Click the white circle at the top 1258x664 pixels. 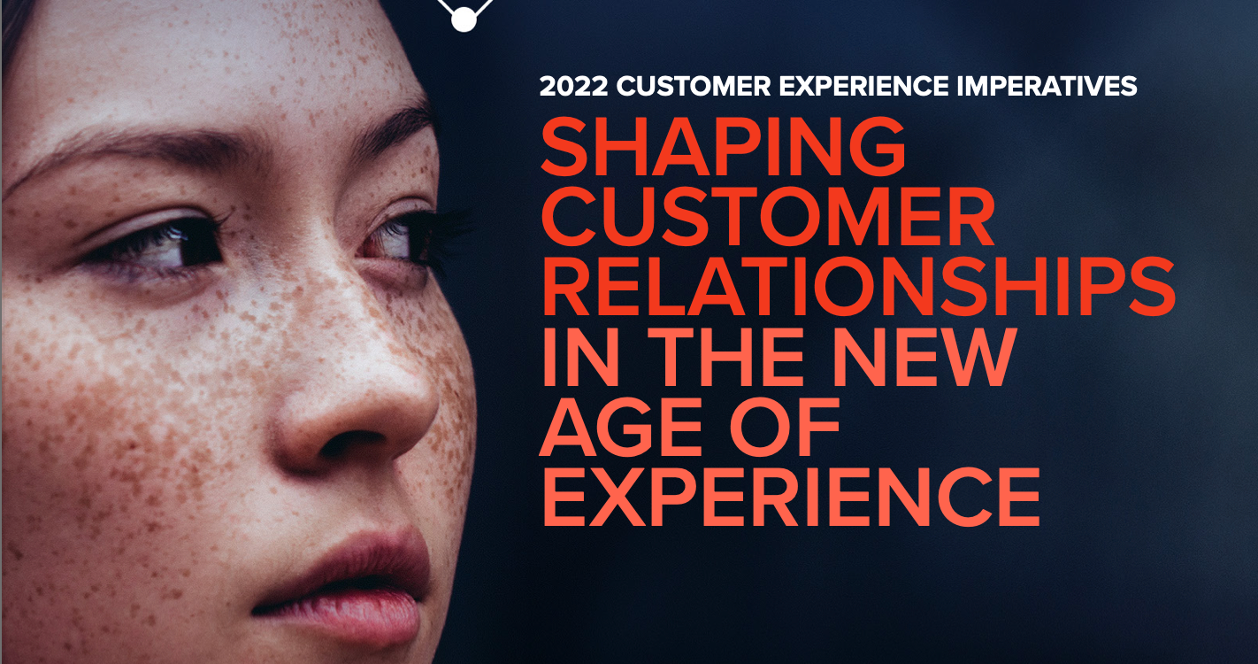tap(463, 19)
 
